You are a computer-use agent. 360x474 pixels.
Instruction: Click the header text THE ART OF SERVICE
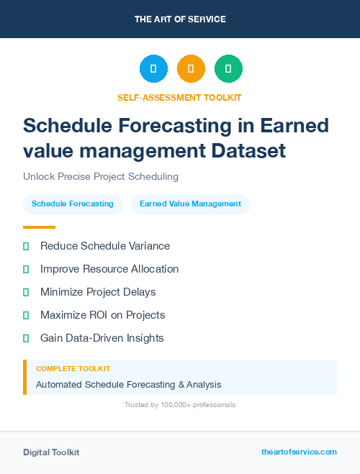(x=180, y=19)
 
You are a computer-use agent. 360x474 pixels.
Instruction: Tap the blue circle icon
(x=153, y=69)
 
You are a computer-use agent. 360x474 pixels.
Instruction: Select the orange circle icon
(x=191, y=69)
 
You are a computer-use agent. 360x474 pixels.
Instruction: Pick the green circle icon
(x=228, y=69)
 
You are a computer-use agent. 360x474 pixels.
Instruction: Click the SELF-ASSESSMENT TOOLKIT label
(x=179, y=97)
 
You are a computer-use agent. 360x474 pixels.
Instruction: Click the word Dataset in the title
(x=248, y=151)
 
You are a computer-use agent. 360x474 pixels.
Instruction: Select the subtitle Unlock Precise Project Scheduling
(x=100, y=176)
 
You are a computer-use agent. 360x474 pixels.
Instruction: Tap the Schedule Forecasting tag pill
(x=73, y=204)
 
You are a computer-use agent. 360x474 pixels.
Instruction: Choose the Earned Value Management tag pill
(x=190, y=204)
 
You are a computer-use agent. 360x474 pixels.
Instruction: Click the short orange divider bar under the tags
(x=39, y=227)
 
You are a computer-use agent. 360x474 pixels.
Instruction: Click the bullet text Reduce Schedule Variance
(x=105, y=246)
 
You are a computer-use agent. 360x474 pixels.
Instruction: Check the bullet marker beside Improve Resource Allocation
(x=26, y=269)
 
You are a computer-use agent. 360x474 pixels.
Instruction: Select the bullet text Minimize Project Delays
(x=98, y=292)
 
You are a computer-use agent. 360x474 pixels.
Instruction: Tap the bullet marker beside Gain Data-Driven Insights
(x=26, y=338)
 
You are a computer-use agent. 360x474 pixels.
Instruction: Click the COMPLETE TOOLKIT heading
(x=73, y=368)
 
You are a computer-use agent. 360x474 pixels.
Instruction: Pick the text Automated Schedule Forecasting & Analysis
(x=128, y=384)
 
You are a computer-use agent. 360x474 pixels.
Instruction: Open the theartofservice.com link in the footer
(x=299, y=452)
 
